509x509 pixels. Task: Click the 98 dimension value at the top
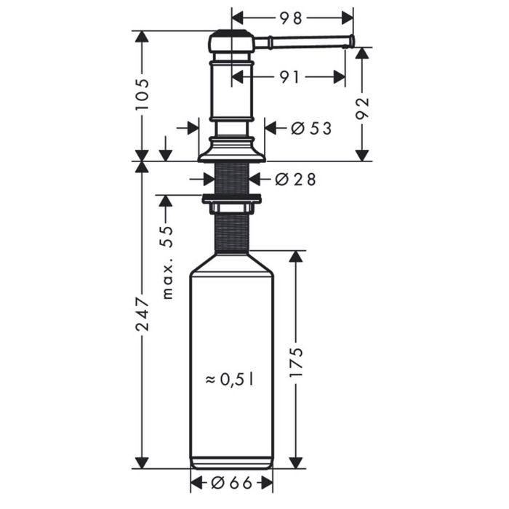click(x=291, y=18)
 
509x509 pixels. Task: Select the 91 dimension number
click(x=290, y=77)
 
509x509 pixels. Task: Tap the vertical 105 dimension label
click(x=143, y=94)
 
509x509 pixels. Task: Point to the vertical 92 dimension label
click(x=362, y=108)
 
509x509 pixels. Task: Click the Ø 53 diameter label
click(x=311, y=128)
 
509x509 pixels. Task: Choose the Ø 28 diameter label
click(x=295, y=179)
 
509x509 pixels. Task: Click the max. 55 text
click(x=167, y=262)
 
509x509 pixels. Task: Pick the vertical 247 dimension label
click(x=143, y=313)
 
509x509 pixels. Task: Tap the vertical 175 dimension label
click(x=296, y=362)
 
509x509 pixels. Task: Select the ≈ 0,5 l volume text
click(x=230, y=379)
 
